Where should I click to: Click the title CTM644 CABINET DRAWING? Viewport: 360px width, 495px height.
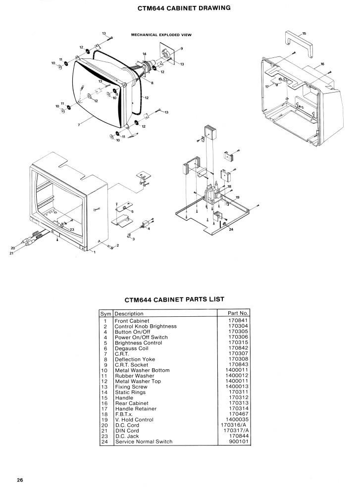point(184,8)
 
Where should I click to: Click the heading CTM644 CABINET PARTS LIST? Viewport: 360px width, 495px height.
point(174,299)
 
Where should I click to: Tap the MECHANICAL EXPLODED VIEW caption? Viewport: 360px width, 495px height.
point(161,35)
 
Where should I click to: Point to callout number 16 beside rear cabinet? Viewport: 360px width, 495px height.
point(322,64)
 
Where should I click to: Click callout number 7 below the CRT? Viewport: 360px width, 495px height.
point(79,125)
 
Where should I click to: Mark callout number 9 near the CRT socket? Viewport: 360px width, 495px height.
point(182,49)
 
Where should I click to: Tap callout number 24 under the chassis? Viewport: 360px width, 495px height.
point(231,229)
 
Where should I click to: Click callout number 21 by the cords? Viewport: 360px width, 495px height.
point(12,253)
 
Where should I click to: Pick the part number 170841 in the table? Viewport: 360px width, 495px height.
point(238,320)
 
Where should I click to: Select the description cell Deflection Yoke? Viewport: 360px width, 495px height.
point(135,359)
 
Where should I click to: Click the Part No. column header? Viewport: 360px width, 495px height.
point(238,313)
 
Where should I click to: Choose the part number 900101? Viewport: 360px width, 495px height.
point(238,442)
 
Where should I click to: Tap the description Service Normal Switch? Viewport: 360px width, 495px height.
point(144,442)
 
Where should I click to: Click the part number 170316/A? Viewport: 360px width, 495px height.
point(235,425)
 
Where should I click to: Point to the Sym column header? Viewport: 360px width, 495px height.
point(106,314)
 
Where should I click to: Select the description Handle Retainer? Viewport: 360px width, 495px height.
point(136,408)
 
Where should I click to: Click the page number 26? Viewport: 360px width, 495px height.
point(20,480)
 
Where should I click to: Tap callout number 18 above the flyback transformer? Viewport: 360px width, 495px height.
point(229,187)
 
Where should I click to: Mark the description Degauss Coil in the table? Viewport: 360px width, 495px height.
point(131,348)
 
